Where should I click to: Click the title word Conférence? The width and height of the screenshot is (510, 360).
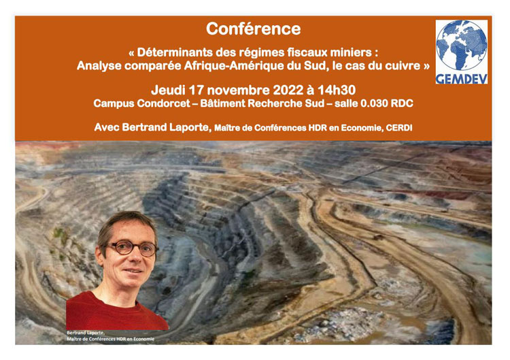pyautogui.click(x=254, y=29)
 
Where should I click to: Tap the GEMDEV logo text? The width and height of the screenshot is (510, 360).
pyautogui.click(x=462, y=79)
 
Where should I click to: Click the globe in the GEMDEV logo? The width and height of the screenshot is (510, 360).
pyautogui.click(x=462, y=45)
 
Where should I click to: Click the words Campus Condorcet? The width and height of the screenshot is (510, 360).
pyautogui.click(x=141, y=103)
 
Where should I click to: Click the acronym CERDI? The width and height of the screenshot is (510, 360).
pyautogui.click(x=398, y=128)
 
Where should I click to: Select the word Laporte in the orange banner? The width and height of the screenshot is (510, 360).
pyautogui.click(x=189, y=127)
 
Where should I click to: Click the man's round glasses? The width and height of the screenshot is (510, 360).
pyautogui.click(x=131, y=248)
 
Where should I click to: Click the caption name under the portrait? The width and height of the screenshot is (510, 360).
pyautogui.click(x=86, y=333)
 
